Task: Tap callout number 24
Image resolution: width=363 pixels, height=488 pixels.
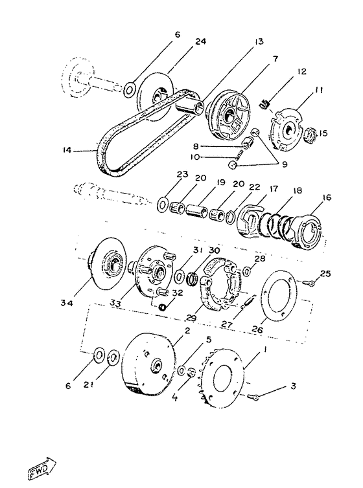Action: point(201,41)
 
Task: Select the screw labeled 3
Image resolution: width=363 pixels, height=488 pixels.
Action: point(253,397)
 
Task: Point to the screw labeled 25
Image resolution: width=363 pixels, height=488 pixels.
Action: point(308,282)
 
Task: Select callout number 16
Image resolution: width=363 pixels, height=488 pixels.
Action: point(327,197)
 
